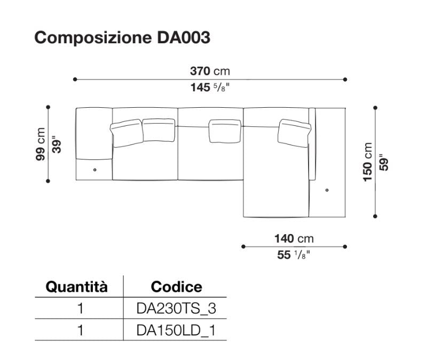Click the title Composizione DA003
tap(122, 37)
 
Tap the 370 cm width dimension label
tap(210, 71)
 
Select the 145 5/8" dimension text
tap(210, 87)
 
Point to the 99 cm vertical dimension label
tap(40, 144)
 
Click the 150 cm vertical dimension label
tap(367, 162)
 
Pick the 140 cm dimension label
tap(294, 238)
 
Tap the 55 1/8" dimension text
tap(294, 255)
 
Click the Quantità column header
tap(77, 287)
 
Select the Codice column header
tap(177, 287)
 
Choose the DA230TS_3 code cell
tap(176, 308)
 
